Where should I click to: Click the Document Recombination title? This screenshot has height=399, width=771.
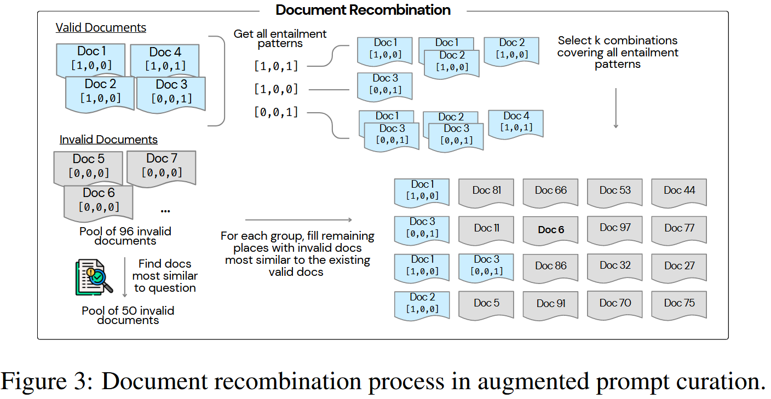coord(363,10)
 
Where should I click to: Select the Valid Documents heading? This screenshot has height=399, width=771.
coord(101,27)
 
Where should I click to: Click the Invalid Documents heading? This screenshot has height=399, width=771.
coord(108,140)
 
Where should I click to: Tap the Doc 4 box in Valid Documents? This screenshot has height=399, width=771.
coord(165,59)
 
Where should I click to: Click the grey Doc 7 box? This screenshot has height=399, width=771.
coord(162,165)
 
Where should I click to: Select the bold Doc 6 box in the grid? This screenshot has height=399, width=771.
coord(550,230)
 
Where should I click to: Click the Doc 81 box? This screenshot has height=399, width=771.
coord(486,191)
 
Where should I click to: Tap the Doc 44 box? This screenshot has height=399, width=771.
coord(679,191)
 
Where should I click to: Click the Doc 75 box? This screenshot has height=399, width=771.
coord(679,304)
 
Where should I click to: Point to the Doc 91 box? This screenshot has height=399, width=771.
coord(550,304)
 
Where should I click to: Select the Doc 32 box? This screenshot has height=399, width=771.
coord(614,266)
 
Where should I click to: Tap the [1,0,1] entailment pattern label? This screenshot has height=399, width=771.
coord(276,66)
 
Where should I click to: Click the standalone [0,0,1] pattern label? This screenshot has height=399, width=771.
coord(276,112)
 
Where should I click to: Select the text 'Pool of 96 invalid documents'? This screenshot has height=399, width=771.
coord(125,236)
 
